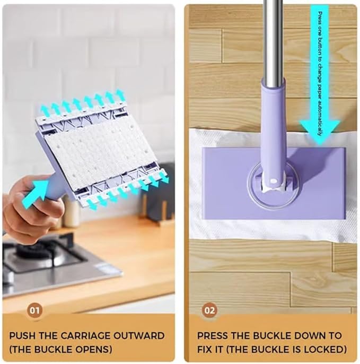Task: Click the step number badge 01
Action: pyautogui.click(x=34, y=310)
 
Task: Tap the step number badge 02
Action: pyautogui.click(x=210, y=310)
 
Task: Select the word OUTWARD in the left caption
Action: pyautogui.click(x=139, y=336)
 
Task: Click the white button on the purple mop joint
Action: pyautogui.click(x=273, y=180)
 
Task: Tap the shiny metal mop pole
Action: pyautogui.click(x=274, y=42)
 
